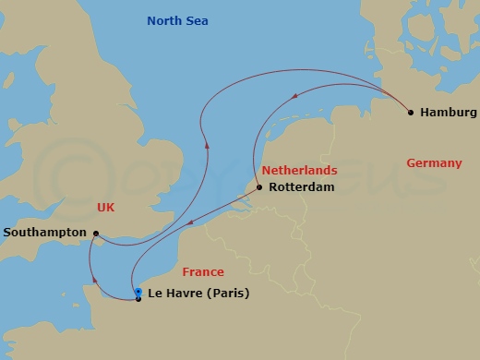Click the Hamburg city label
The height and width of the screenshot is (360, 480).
coord(448,113)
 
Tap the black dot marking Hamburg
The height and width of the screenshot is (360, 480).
coord(411,113)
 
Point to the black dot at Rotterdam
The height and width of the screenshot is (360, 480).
coord(259,187)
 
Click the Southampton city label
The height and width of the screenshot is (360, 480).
coord(45,234)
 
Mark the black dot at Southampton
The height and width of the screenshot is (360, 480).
coord(96,234)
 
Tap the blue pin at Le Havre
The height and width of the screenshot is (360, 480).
coord(138,292)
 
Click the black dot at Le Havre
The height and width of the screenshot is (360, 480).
coord(138,299)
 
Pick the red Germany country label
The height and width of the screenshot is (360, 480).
coord(434,163)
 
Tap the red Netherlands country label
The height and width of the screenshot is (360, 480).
coord(299,171)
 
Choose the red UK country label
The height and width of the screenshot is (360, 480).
coord(105,208)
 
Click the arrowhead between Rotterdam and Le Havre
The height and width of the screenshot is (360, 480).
coord(187,223)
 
